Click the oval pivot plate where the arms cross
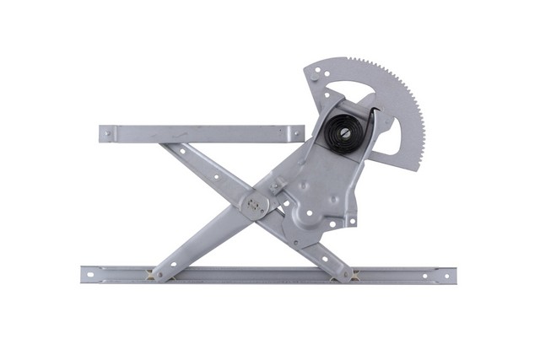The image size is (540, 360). click(x=256, y=203)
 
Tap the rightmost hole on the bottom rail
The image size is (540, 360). click(x=448, y=275)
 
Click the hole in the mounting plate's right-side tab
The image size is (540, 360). click(x=352, y=221)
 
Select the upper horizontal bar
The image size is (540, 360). click(x=202, y=133)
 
